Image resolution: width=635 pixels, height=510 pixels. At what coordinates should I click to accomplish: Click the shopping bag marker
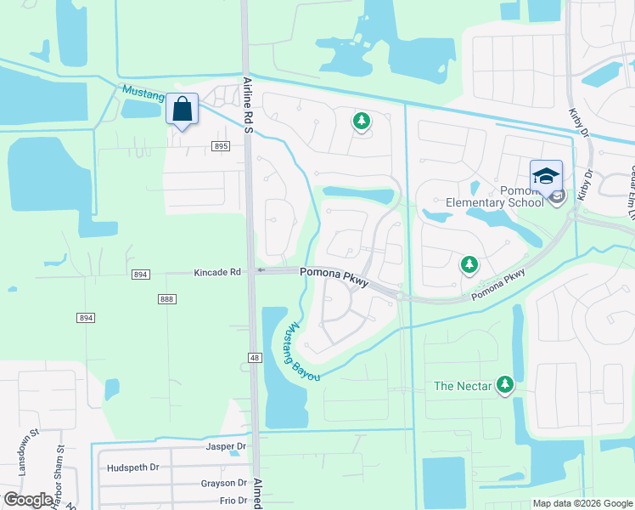tap(182, 110)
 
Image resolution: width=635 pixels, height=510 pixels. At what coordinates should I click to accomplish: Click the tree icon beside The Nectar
tap(506, 385)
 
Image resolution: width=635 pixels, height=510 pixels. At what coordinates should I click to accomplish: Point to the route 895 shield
tap(221, 146)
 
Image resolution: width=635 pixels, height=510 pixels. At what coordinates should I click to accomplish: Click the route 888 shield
tap(166, 299)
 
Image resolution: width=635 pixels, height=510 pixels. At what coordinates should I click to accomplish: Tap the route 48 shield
tap(255, 359)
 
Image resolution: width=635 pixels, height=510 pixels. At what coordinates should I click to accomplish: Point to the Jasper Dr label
tap(225, 445)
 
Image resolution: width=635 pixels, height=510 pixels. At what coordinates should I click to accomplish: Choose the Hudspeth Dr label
tap(133, 467)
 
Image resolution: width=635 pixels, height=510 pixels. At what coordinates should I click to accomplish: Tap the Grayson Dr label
tap(223, 484)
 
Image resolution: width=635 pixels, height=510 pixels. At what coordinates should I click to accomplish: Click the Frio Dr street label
tap(232, 501)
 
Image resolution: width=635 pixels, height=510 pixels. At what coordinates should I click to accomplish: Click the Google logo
tap(29, 500)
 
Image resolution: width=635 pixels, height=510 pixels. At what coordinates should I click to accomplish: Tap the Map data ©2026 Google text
tap(582, 503)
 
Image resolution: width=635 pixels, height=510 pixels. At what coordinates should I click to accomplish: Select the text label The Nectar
tap(463, 386)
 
